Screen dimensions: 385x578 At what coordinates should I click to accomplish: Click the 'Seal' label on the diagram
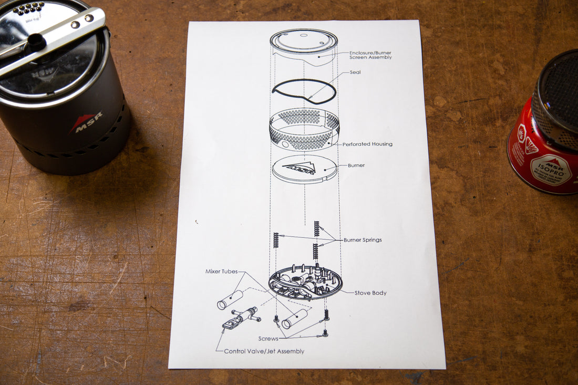pyautogui.click(x=355, y=72)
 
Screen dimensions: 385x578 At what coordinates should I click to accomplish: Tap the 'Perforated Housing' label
pyautogui.click(x=367, y=144)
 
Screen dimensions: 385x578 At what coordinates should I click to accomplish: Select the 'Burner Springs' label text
pyautogui.click(x=363, y=240)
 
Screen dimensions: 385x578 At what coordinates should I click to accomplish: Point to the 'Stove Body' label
pyautogui.click(x=370, y=293)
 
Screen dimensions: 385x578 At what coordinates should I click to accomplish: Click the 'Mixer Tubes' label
pyautogui.click(x=221, y=272)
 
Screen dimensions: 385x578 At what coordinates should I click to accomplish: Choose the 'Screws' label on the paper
pyautogui.click(x=268, y=339)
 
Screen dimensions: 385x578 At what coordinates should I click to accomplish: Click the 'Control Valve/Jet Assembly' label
pyautogui.click(x=264, y=351)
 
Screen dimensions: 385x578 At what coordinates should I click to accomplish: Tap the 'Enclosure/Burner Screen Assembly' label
pyautogui.click(x=370, y=55)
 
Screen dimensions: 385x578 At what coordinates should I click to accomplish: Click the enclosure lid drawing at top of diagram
pyautogui.click(x=304, y=40)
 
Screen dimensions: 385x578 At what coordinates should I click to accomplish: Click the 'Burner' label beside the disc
pyautogui.click(x=356, y=165)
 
